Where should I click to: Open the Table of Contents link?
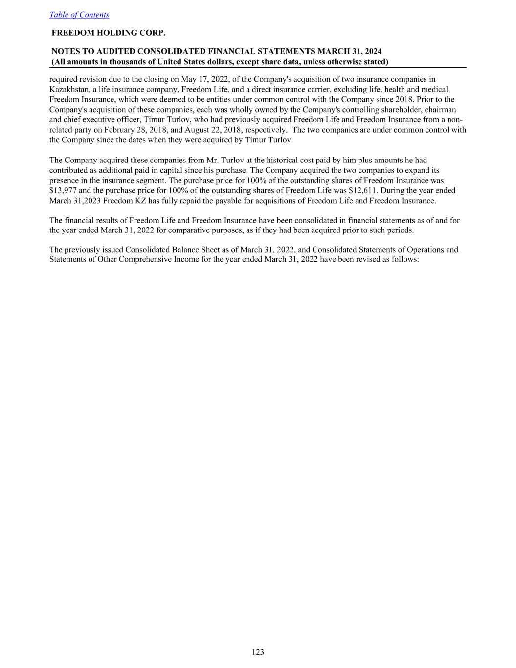click(79, 15)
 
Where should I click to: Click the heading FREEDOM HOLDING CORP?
click(109, 33)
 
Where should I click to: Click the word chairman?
click(439, 110)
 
